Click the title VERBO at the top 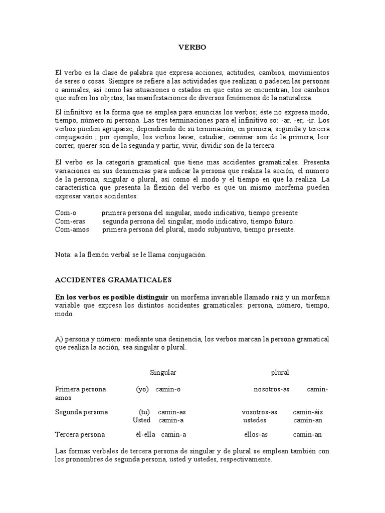(x=192, y=47)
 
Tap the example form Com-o (x=65, y=212)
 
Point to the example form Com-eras (x=70, y=221)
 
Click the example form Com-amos (x=72, y=229)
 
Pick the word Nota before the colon (x=63, y=254)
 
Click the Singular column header (x=163, y=372)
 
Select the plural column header (x=280, y=372)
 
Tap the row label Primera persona (x=80, y=389)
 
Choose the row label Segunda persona (x=81, y=412)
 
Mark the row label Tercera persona (x=80, y=434)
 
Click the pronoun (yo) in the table (x=142, y=389)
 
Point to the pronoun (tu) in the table (x=144, y=412)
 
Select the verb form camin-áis (x=308, y=412)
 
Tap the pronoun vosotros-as (x=259, y=412)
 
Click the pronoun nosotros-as (x=271, y=389)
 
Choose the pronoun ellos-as (x=256, y=434)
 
